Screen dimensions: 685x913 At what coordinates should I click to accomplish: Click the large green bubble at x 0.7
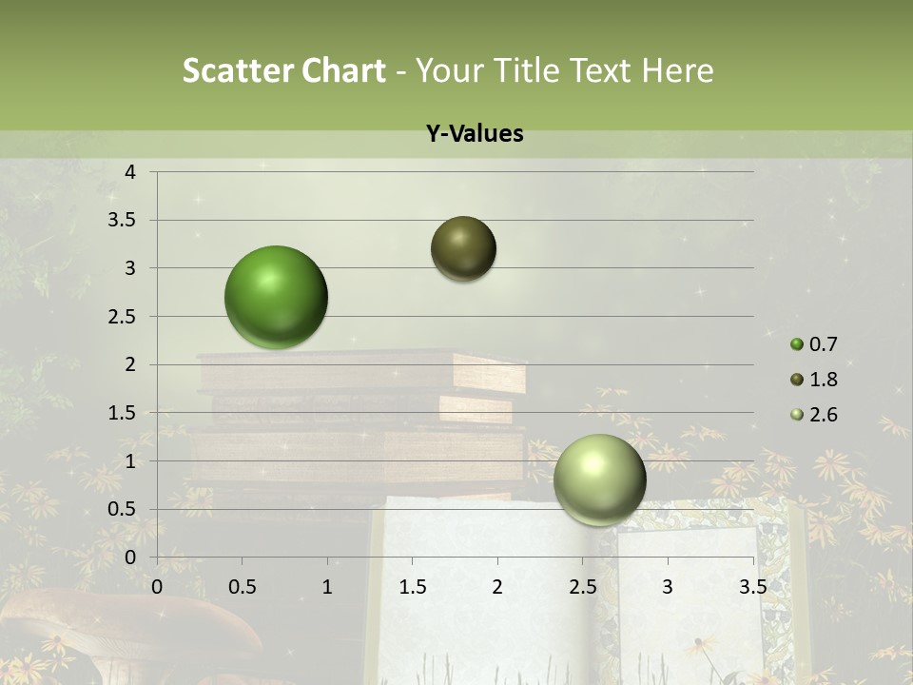[277, 297]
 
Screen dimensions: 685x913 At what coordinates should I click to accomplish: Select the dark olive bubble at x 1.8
[464, 248]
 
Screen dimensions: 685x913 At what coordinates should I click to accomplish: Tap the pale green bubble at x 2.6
[599, 480]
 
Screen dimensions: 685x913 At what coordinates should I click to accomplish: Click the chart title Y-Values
[474, 134]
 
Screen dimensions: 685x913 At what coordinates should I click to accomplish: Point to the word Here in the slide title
[677, 70]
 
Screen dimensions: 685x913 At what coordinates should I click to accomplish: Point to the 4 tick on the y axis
[130, 172]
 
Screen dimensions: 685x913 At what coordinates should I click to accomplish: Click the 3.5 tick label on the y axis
[124, 221]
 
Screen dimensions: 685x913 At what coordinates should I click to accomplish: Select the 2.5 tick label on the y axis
[124, 317]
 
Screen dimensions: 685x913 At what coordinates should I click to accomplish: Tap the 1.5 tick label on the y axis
[124, 413]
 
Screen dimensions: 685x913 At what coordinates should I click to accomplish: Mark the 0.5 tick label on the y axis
[124, 510]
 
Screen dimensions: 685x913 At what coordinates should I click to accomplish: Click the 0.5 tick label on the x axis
[242, 586]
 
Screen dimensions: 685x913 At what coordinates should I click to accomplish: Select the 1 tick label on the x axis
[327, 586]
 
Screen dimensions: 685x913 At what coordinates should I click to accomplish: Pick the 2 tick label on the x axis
[497, 586]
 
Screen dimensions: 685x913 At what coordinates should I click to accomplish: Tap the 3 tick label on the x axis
[668, 586]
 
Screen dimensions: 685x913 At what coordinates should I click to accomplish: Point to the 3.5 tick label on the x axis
[752, 586]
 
